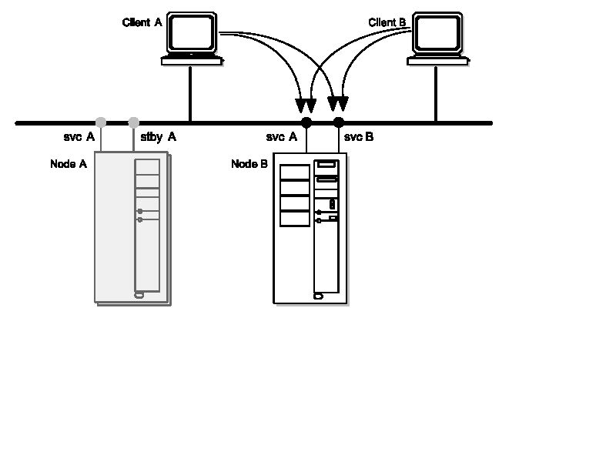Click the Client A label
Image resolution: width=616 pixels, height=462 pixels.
(142, 23)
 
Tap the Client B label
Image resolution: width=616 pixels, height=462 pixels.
(387, 23)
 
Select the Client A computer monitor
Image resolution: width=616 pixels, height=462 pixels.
(192, 33)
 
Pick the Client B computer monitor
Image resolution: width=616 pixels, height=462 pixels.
(437, 33)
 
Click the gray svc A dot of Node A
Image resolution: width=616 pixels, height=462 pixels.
(101, 122)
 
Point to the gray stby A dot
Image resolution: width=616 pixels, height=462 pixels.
(134, 122)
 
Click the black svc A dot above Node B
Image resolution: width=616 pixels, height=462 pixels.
(306, 122)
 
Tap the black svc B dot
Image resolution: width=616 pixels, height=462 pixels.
(339, 122)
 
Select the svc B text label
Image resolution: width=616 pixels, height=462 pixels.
(359, 137)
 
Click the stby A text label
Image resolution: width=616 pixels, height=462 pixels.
(159, 137)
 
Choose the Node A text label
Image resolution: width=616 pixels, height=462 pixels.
(69, 164)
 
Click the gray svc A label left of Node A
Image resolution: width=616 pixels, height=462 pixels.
(79, 137)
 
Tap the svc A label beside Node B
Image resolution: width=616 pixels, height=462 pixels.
(282, 137)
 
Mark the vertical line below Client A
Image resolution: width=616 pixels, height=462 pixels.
(191, 92)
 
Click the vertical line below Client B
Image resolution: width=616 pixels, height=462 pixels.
(436, 92)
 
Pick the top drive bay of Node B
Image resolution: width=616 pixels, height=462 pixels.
(294, 172)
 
